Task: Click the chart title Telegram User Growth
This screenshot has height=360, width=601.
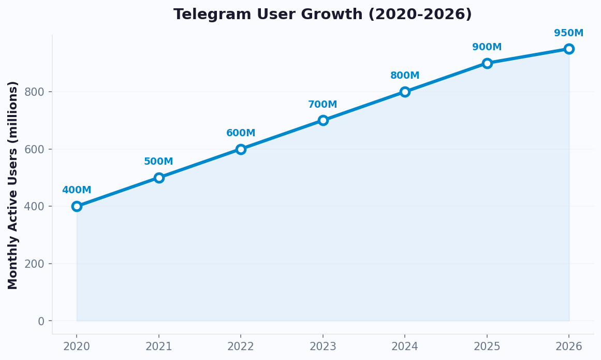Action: tap(323, 15)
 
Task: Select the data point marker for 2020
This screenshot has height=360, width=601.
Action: tap(77, 206)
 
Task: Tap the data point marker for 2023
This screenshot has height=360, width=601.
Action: tap(323, 120)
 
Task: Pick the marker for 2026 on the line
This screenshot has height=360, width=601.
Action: tap(569, 49)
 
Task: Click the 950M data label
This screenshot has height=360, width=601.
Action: tap(568, 33)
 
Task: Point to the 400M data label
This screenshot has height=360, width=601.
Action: tap(77, 190)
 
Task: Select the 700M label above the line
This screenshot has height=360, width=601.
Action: tap(323, 105)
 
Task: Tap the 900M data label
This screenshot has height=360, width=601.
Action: tap(487, 47)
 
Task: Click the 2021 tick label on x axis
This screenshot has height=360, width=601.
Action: tap(159, 347)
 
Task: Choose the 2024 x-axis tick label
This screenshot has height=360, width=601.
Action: tap(405, 347)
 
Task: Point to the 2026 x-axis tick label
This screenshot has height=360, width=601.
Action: tap(569, 347)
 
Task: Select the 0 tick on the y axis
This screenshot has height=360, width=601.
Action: tap(41, 321)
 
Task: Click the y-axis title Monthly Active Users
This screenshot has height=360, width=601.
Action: tap(13, 185)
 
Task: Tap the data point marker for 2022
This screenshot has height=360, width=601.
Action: tap(241, 149)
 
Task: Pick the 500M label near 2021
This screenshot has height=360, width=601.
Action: tap(158, 162)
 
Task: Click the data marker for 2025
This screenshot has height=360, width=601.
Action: tap(487, 63)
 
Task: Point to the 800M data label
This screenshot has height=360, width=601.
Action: tap(405, 76)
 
